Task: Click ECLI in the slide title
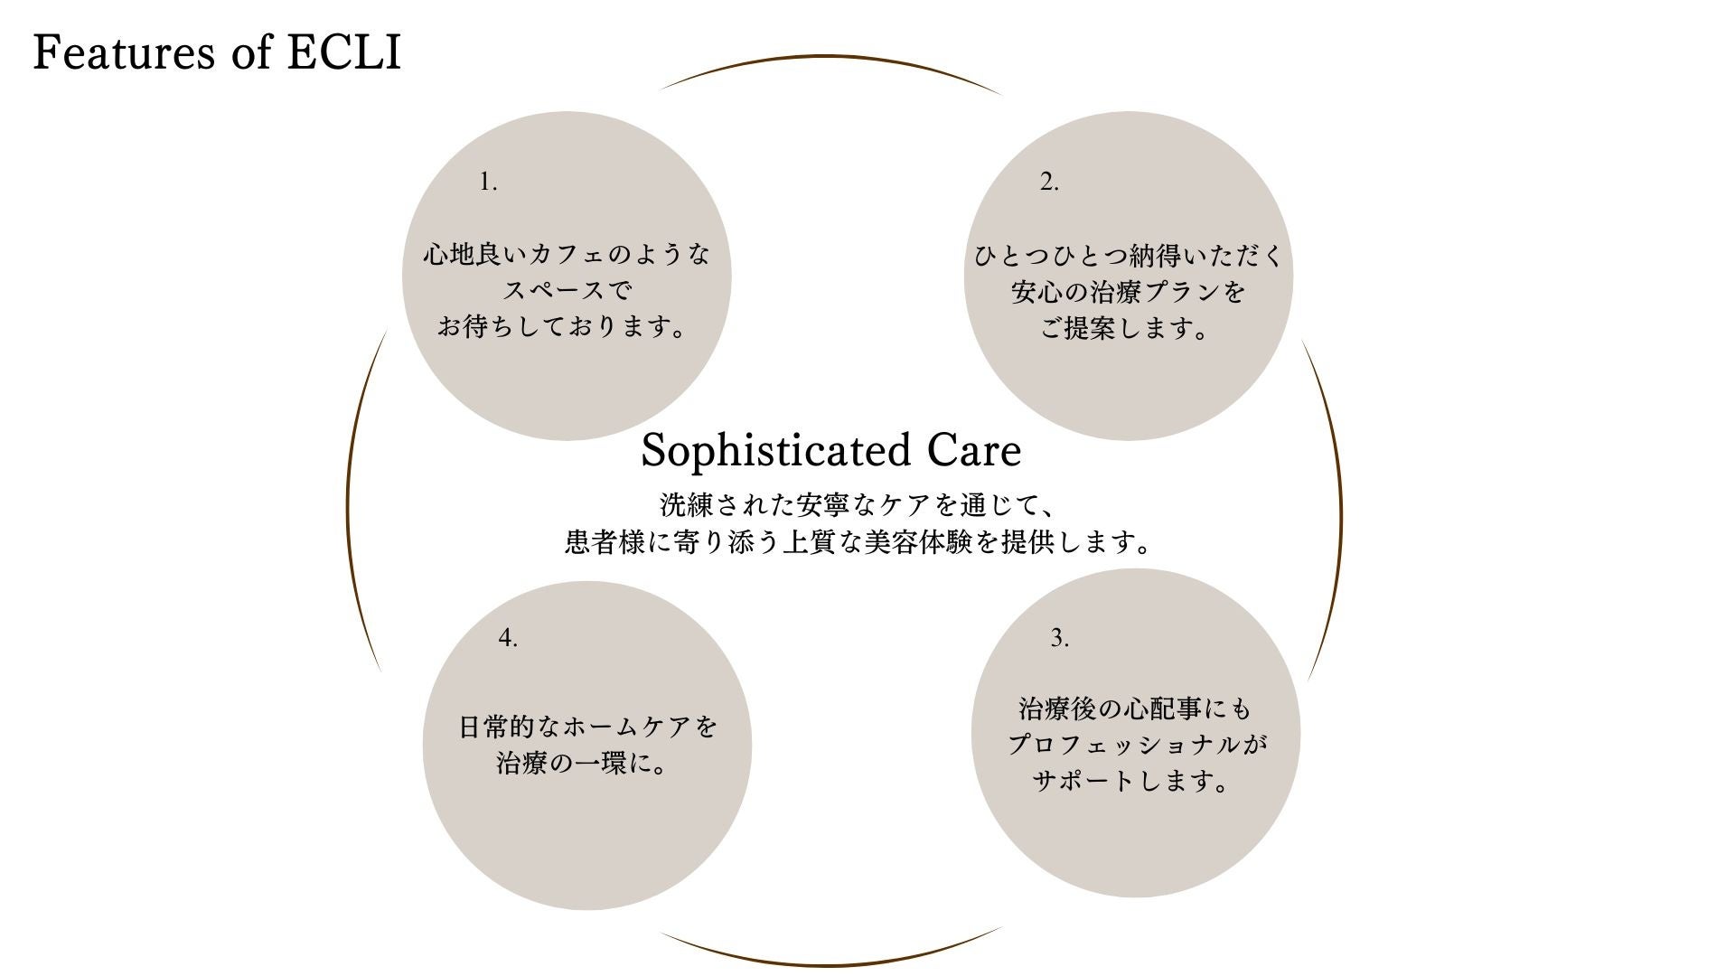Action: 344,52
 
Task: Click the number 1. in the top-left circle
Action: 488,182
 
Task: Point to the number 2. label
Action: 1048,182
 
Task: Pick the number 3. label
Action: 1059,638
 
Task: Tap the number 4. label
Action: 508,638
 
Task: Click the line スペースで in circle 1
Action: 567,291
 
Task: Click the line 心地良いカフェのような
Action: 567,255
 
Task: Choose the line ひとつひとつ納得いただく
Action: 1128,256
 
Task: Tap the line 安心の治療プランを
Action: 1128,292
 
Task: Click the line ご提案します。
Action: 1126,328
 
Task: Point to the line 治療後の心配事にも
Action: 1135,709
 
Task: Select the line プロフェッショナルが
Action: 1136,745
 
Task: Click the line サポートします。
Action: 1132,780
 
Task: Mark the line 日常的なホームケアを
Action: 587,727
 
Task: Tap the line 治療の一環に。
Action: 584,764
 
